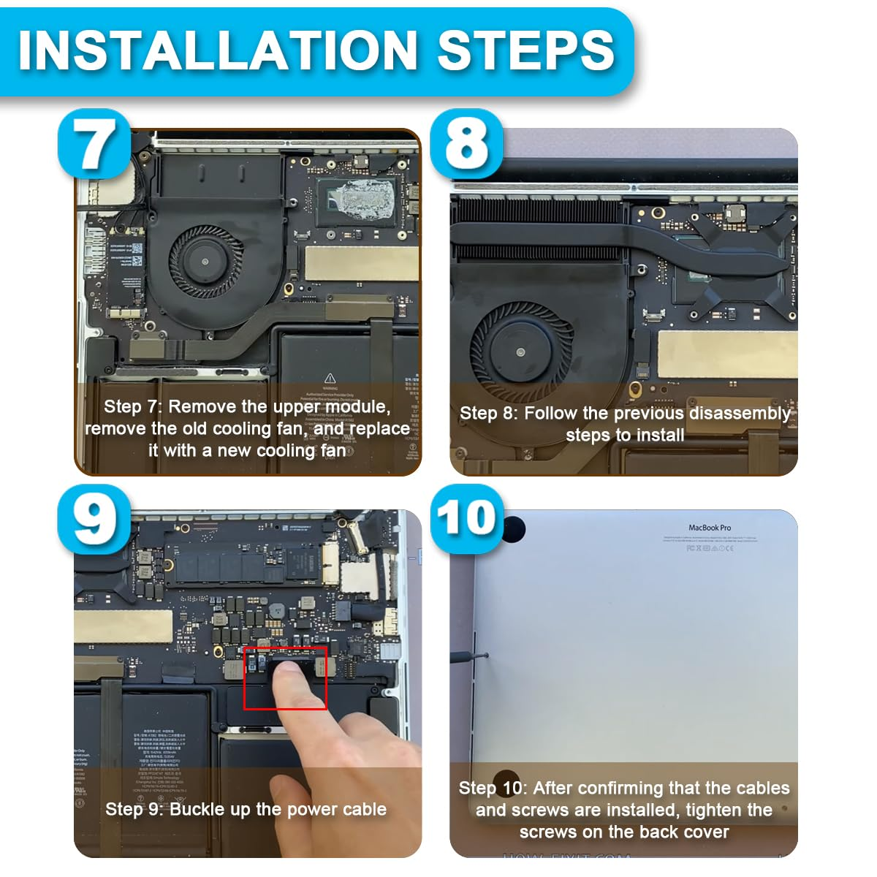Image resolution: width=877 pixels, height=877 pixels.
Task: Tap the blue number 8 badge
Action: (466, 144)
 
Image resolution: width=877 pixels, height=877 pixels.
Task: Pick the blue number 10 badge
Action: (466, 518)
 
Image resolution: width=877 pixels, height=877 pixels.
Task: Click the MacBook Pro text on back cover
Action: (709, 527)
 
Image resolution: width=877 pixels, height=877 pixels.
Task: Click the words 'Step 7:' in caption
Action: (133, 406)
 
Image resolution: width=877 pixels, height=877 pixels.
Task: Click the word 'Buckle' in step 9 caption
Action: (197, 809)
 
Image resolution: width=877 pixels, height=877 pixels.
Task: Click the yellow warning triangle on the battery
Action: (330, 378)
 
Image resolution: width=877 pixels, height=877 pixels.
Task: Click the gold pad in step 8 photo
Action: (726, 354)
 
